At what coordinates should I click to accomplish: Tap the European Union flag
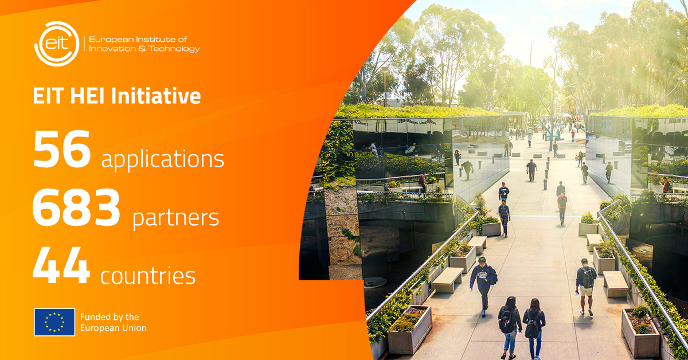(54, 322)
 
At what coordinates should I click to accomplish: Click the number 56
(62, 149)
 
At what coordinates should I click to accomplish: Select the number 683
(76, 208)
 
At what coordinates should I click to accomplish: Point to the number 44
(61, 265)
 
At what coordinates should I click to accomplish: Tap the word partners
(175, 218)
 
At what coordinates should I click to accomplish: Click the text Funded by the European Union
(113, 323)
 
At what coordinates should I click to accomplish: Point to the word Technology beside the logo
(174, 49)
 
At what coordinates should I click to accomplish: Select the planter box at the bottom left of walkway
(409, 330)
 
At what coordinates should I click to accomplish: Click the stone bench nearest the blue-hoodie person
(447, 280)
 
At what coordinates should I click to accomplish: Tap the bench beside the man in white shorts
(616, 284)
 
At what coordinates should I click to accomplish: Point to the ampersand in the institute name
(142, 49)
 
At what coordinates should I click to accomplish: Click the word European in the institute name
(111, 40)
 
